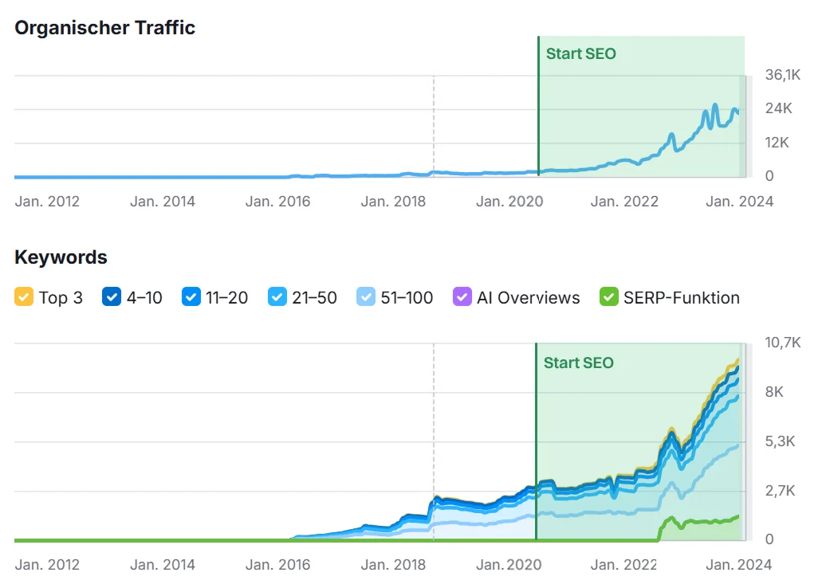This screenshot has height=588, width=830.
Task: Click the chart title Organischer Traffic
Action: point(104,27)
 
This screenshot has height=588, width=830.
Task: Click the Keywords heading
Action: point(61,257)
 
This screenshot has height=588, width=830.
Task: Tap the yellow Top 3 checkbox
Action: point(24,298)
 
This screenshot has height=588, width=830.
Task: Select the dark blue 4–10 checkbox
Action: point(112,298)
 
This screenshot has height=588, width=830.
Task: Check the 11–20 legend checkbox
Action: point(191,298)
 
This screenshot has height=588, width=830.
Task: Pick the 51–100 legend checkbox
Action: point(366,298)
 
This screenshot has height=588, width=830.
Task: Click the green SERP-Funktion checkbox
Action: point(609,298)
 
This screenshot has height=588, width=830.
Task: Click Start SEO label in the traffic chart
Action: point(580,54)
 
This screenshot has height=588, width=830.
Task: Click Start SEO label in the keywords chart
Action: point(578,363)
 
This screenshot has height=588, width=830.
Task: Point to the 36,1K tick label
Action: point(782,75)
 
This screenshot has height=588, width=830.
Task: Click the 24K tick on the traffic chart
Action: point(778,108)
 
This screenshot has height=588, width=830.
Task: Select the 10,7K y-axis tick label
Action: point(782,343)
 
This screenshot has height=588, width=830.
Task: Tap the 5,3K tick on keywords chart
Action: point(780,441)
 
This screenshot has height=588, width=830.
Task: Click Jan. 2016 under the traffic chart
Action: point(277,202)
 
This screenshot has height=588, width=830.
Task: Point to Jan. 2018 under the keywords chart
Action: point(393,565)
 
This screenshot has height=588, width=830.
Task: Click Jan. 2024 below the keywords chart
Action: point(738,565)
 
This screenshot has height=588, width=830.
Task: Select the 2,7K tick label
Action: point(780,491)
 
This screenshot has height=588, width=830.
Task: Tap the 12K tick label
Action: point(778,143)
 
